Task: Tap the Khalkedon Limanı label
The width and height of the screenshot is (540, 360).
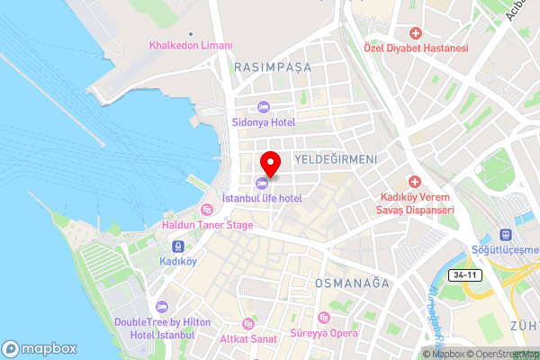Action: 191,46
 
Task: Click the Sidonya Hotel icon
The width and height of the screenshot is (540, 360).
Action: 264,108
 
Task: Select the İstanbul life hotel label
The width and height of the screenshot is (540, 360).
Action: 261,197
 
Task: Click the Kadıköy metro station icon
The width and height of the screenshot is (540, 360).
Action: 178,246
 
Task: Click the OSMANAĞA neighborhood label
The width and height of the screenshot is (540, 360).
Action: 351,283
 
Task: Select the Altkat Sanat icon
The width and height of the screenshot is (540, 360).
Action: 249,324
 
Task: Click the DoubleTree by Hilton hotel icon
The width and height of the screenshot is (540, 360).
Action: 161,307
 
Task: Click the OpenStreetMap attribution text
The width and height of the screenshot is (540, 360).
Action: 504,354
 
